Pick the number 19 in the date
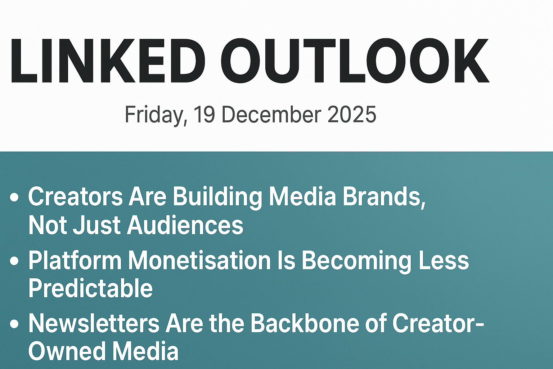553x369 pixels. pos(204,115)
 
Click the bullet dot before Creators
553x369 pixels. pos(14,197)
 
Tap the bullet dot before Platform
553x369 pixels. pos(14,261)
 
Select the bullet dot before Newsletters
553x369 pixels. pos(14,324)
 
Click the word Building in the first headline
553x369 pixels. pos(217,197)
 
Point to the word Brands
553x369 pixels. pos(384,197)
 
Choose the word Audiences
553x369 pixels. pos(185,225)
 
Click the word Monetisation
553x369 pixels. pos(200,260)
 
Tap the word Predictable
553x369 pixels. pos(91,288)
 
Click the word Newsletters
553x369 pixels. pos(94,323)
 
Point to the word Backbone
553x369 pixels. pos(305,323)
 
